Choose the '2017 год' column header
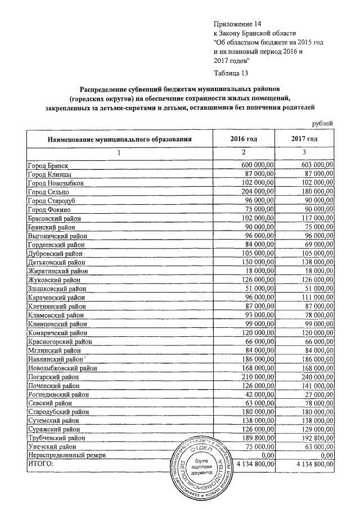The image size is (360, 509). tap(304, 139)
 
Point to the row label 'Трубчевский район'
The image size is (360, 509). tap(56, 437)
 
